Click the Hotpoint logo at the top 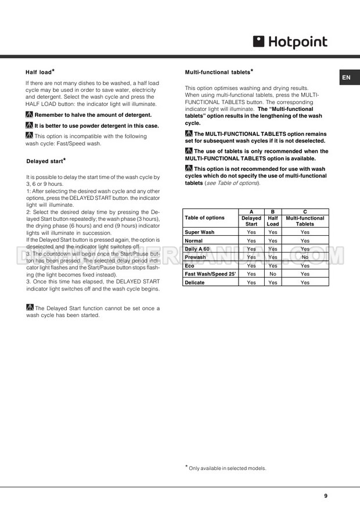(x=290, y=41)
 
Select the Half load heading (x=40, y=72)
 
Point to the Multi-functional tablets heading (x=218, y=72)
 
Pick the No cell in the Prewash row (x=305, y=257)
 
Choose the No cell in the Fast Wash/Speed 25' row (x=273, y=274)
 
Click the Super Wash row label (x=199, y=232)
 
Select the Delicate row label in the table (x=196, y=282)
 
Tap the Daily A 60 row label (x=197, y=249)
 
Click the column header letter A (x=251, y=211)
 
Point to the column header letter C (x=305, y=211)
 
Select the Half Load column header (x=273, y=221)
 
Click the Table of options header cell (x=204, y=218)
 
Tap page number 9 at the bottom (x=326, y=495)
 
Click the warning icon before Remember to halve (x=29, y=115)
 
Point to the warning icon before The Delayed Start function (x=29, y=308)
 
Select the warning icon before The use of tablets (x=189, y=151)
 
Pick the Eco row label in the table (x=189, y=265)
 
